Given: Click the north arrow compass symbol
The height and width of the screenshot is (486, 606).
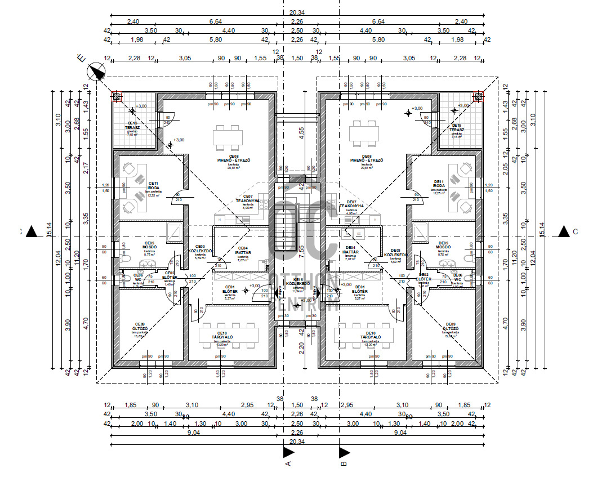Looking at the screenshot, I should click(x=97, y=72).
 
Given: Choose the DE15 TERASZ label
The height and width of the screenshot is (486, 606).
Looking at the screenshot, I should click(x=457, y=127).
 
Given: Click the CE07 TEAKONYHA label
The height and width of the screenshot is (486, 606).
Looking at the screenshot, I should click(x=248, y=200).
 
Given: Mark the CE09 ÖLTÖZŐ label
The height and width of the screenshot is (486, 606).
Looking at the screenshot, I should click(x=139, y=328).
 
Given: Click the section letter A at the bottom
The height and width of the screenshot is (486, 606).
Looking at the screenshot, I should click(x=288, y=463).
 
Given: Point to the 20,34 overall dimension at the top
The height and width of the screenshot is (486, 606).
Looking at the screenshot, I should click(x=297, y=12).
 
